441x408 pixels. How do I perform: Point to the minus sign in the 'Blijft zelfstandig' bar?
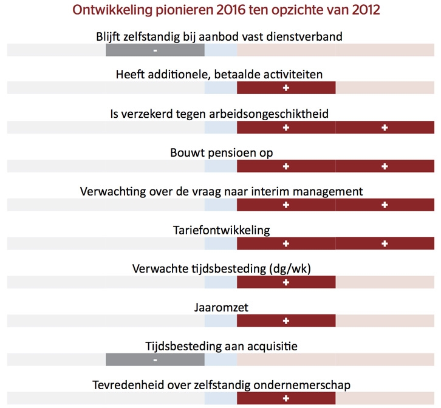[x=156, y=50]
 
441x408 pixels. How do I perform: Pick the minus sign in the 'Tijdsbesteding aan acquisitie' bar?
[x=156, y=360]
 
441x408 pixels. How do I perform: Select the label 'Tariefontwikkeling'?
[x=219, y=229]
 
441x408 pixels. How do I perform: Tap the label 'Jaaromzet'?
[x=219, y=307]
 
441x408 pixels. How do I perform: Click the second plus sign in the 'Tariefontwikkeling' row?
[x=385, y=243]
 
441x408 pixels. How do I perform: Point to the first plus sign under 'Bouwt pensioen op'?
[x=285, y=166]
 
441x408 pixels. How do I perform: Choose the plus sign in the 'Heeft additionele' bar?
[x=285, y=88]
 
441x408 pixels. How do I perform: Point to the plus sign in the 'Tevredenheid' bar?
[x=285, y=399]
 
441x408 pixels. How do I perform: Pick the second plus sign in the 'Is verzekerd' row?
[x=385, y=127]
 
